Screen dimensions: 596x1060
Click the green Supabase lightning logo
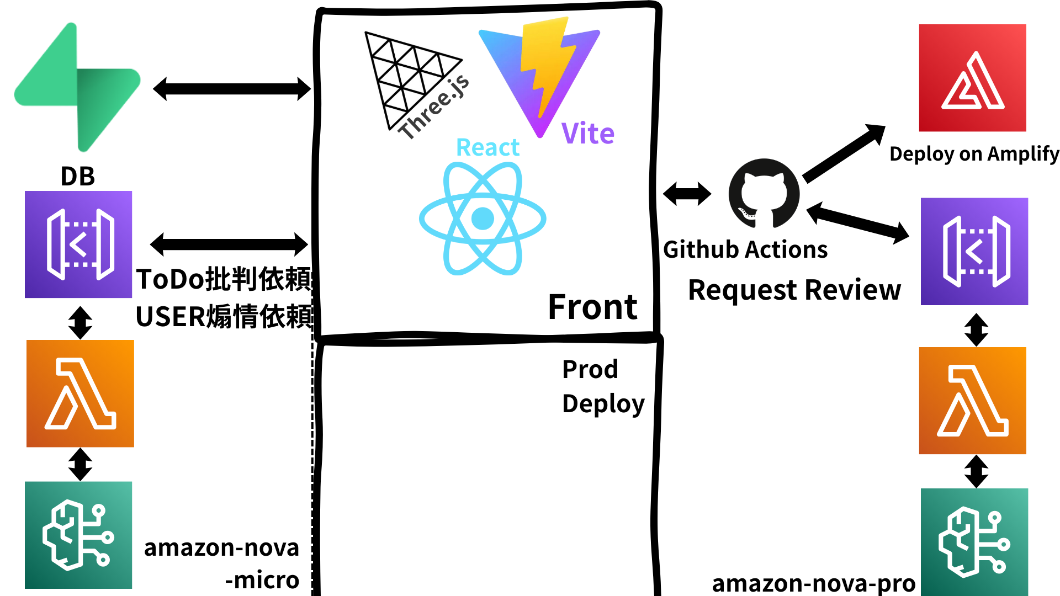pyautogui.click(x=77, y=88)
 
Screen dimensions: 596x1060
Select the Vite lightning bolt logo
pyautogui.click(x=538, y=74)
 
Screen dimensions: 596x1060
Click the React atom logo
pyautogui.click(x=483, y=218)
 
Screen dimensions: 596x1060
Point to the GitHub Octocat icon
pyautogui.click(x=764, y=193)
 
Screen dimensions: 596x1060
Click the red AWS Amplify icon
pyautogui.click(x=973, y=78)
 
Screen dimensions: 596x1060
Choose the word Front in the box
pyautogui.click(x=592, y=307)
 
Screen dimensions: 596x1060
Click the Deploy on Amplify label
pyautogui.click(x=974, y=153)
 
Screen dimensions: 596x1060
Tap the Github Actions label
pyautogui.click(x=745, y=249)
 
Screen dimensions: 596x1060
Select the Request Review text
pyautogui.click(x=794, y=290)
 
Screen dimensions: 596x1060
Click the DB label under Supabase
pyautogui.click(x=77, y=177)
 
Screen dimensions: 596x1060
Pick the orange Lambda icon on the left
pyautogui.click(x=80, y=393)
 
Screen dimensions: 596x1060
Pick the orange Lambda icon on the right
pyautogui.click(x=973, y=401)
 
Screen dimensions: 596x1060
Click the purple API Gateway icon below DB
pyautogui.click(x=78, y=244)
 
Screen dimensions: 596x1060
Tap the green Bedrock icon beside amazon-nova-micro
pyautogui.click(x=78, y=535)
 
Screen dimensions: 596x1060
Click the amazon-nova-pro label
pyautogui.click(x=813, y=583)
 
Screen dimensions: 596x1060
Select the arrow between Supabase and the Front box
pyautogui.click(x=232, y=89)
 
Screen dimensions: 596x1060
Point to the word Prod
pyautogui.click(x=590, y=369)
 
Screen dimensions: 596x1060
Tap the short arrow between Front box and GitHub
pyautogui.click(x=687, y=194)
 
